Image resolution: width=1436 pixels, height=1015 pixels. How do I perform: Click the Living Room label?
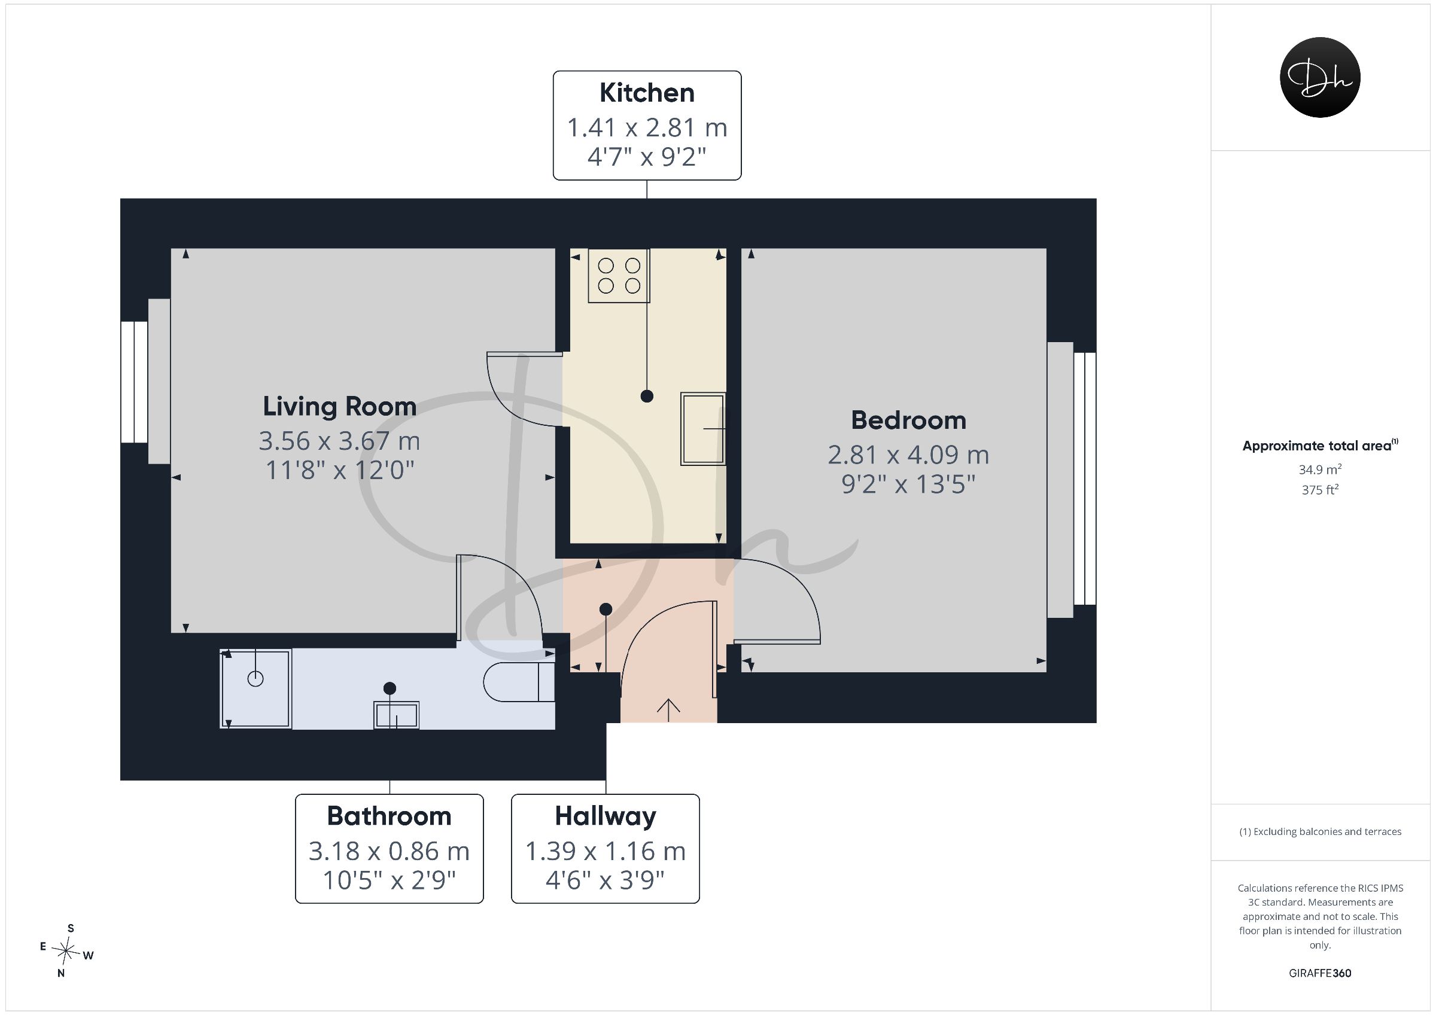click(340, 407)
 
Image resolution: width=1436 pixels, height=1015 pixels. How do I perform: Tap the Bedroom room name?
click(909, 420)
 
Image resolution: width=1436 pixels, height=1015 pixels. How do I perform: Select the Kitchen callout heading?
click(647, 93)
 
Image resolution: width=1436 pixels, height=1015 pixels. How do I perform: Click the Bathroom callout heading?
click(389, 816)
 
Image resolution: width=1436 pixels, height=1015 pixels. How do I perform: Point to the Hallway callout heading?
click(606, 816)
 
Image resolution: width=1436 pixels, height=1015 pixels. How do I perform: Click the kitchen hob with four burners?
click(619, 276)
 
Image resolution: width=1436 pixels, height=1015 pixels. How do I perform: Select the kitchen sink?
click(703, 429)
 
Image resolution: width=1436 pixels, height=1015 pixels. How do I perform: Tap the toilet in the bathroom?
click(519, 682)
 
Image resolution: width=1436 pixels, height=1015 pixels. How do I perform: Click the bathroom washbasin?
click(397, 715)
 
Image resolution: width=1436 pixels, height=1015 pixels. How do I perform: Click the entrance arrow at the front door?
click(668, 710)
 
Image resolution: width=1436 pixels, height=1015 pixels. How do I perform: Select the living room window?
click(146, 382)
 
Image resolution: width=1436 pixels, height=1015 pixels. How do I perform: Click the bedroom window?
click(1072, 479)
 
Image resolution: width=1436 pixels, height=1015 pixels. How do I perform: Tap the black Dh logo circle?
click(1321, 77)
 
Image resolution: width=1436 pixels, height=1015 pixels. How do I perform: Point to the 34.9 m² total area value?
click(1321, 469)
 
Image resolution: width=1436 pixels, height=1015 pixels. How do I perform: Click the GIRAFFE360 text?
click(1321, 973)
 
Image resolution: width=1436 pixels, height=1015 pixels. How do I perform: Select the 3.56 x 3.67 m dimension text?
click(340, 441)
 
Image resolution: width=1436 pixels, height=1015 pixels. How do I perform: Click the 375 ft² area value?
click(1321, 490)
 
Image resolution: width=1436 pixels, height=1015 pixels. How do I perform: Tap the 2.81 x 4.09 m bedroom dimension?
click(909, 455)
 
